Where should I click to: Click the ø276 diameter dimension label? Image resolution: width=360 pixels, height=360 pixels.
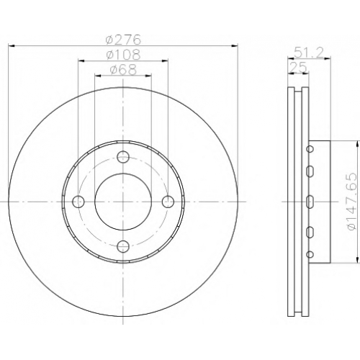(x=123, y=40)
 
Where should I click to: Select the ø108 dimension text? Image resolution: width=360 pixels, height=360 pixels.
(x=123, y=55)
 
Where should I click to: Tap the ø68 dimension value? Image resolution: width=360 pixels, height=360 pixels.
(x=123, y=70)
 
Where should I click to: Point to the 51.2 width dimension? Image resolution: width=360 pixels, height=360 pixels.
(x=309, y=53)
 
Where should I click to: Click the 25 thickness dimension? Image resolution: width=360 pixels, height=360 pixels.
(x=299, y=67)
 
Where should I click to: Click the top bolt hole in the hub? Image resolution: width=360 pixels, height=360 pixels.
(x=123, y=157)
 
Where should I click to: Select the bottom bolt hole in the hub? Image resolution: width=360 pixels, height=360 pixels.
(x=123, y=246)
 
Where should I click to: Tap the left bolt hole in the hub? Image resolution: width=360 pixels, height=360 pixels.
(x=78, y=202)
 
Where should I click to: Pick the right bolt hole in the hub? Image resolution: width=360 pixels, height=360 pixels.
(x=168, y=202)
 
